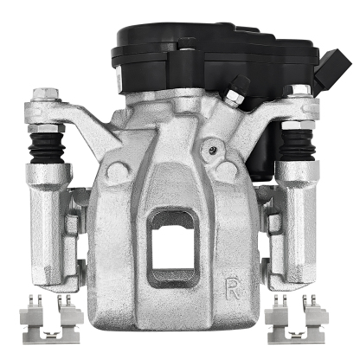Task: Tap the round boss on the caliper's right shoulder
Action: click(x=226, y=170)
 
